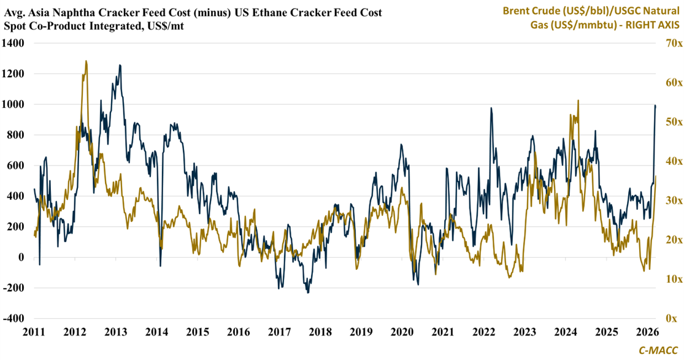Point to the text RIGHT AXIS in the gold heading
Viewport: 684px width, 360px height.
coord(650,25)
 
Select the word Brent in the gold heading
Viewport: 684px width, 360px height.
coord(517,10)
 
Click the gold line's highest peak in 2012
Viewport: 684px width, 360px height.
coord(86,61)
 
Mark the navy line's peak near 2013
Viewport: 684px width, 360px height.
coord(120,65)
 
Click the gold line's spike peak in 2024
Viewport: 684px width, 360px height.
coord(578,101)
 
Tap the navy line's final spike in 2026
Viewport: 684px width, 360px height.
coord(655,105)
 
